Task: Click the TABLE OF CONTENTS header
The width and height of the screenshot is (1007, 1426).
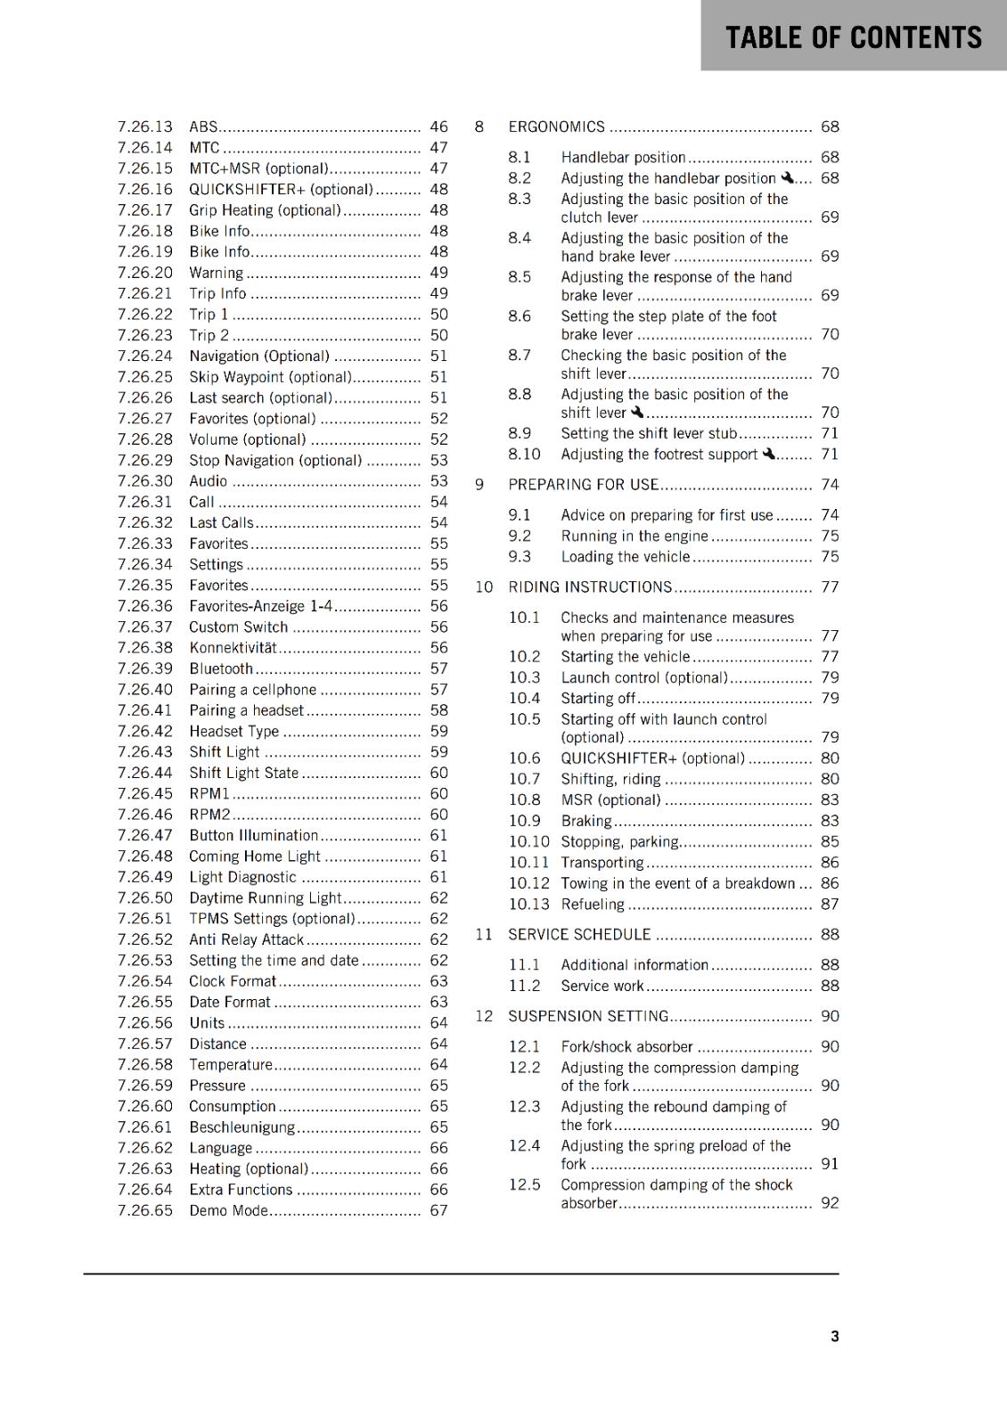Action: click(x=853, y=37)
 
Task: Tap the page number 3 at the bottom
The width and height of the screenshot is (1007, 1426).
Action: click(x=834, y=1336)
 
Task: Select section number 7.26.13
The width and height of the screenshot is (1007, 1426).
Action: click(x=145, y=127)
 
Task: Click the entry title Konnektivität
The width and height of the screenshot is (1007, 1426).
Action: click(x=233, y=648)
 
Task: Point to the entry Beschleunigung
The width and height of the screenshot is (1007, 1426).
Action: click(x=242, y=1127)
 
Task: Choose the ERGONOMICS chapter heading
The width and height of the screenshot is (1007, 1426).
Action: click(x=556, y=127)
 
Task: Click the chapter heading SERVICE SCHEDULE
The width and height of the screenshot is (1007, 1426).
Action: click(x=579, y=934)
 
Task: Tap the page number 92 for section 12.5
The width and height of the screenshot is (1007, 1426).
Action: click(x=830, y=1202)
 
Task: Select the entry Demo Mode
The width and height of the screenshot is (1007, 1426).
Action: click(x=228, y=1210)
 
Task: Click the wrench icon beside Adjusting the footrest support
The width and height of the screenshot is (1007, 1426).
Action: click(x=769, y=454)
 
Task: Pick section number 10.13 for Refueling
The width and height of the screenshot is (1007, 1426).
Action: click(x=529, y=904)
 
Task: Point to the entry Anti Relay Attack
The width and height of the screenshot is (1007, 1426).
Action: click(x=246, y=939)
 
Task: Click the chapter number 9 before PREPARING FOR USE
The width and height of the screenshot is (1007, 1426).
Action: click(x=479, y=484)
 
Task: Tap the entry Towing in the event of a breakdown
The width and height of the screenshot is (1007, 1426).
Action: click(x=677, y=883)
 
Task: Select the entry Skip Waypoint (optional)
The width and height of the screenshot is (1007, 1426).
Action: click(x=270, y=377)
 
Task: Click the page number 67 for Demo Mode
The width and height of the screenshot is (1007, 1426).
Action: click(x=438, y=1210)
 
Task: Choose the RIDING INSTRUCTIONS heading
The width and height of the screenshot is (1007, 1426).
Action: click(x=590, y=586)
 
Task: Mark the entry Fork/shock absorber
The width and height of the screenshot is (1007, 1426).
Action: click(x=626, y=1046)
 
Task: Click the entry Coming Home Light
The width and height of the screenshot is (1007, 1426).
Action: click(x=254, y=856)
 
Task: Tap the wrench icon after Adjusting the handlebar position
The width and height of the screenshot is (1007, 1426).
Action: click(x=787, y=177)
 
